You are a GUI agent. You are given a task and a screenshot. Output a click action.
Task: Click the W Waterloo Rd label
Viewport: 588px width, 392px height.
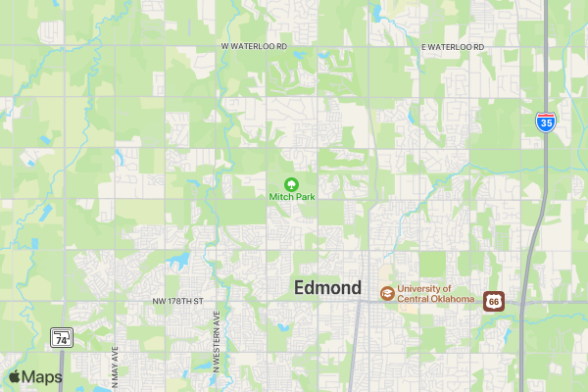(254, 47)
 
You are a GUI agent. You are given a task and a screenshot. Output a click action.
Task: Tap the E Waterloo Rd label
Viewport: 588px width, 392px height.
(453, 47)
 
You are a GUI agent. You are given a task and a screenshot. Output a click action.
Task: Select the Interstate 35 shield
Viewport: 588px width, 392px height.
(546, 122)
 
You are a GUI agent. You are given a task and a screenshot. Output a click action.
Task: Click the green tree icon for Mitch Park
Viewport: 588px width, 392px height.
(291, 183)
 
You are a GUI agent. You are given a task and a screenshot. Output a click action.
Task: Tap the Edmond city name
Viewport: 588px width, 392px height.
(327, 288)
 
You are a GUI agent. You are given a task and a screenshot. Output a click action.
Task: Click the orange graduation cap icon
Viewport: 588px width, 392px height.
(387, 293)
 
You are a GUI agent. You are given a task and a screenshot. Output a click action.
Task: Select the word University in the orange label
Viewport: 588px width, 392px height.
(419, 288)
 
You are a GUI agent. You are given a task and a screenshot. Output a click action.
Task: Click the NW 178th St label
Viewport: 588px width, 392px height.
(176, 300)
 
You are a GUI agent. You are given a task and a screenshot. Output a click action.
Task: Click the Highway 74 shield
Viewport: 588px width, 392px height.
(62, 338)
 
